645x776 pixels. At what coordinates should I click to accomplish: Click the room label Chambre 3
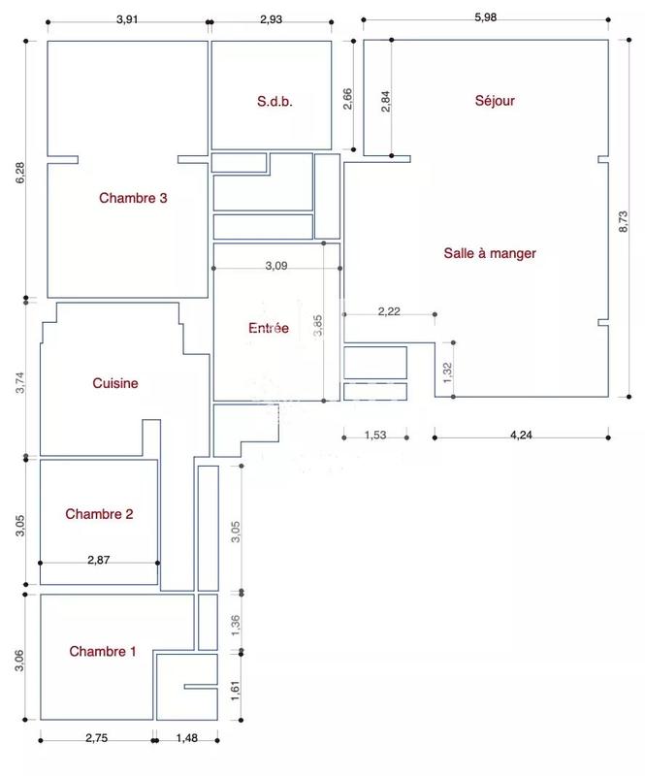pyautogui.click(x=134, y=198)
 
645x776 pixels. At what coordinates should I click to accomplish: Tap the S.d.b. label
pyautogui.click(x=274, y=101)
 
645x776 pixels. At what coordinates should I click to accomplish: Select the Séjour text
pyautogui.click(x=495, y=101)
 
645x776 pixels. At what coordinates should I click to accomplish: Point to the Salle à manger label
pyautogui.click(x=490, y=253)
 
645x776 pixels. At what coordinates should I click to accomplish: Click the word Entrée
pyautogui.click(x=269, y=328)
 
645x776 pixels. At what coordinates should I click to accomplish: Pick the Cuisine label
pyautogui.click(x=115, y=383)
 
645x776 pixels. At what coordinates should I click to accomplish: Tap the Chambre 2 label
pyautogui.click(x=99, y=514)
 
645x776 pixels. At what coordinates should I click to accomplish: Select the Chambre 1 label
pyautogui.click(x=103, y=652)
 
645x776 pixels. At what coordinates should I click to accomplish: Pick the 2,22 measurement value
pyautogui.click(x=389, y=310)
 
